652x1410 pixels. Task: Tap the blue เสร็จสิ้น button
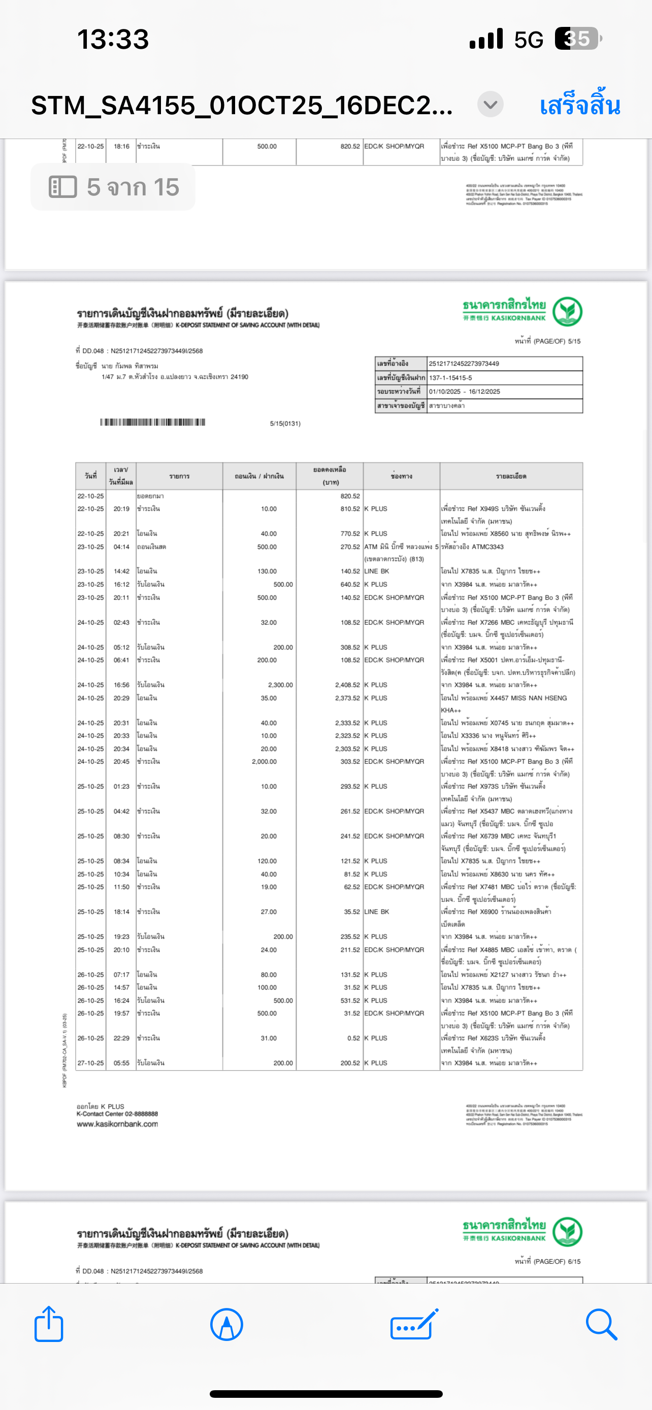(x=579, y=105)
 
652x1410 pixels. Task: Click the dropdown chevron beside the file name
(x=490, y=104)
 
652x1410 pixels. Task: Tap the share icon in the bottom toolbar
(x=49, y=1325)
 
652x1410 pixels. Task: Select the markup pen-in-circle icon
(x=226, y=1325)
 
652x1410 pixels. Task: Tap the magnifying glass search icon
(x=601, y=1325)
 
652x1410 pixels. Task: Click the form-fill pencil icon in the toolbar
(x=414, y=1325)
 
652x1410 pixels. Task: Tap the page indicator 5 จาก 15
(x=113, y=187)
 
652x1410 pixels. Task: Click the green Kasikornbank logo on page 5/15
(x=567, y=312)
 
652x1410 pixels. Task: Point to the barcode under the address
(x=153, y=422)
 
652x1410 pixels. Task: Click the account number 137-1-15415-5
(x=450, y=378)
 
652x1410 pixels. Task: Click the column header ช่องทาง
(x=401, y=476)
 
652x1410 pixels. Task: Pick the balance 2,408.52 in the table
(x=347, y=685)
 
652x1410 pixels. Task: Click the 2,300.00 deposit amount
(x=280, y=685)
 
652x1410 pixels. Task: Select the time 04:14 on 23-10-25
(x=121, y=547)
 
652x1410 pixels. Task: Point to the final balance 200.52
(x=350, y=1063)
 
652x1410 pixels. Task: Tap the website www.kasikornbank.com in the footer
(x=117, y=1124)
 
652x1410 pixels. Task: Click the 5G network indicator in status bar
(x=528, y=40)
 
